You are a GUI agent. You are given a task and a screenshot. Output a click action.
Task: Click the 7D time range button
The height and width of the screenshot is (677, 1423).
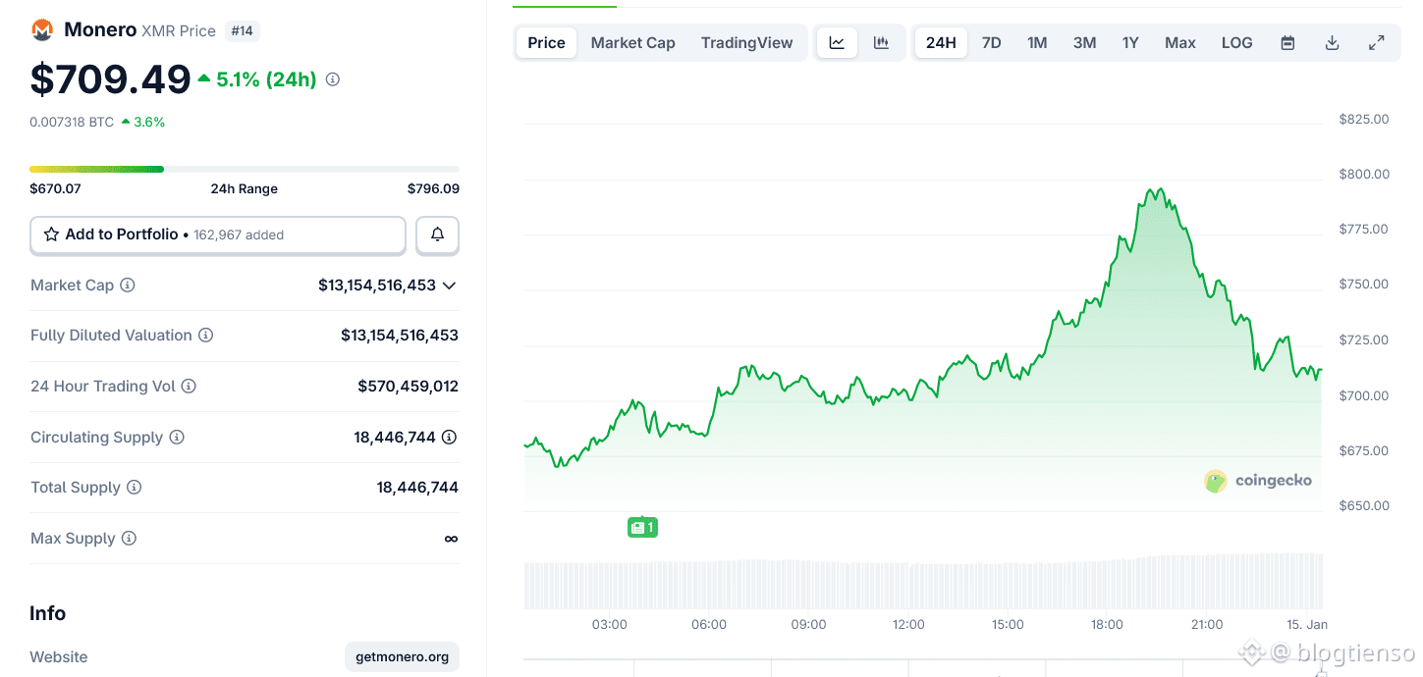[x=992, y=43]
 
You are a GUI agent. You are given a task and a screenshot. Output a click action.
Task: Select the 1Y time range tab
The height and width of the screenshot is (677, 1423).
[x=1130, y=43]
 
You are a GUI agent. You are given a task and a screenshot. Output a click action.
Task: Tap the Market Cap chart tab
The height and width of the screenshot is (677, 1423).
[x=632, y=43]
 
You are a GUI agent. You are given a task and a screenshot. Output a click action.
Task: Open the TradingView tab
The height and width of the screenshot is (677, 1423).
[x=746, y=43]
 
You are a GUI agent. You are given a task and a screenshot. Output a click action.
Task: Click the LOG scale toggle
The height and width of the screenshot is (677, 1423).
[x=1236, y=43]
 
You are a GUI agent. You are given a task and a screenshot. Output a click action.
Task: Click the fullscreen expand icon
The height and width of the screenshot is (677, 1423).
[x=1377, y=42]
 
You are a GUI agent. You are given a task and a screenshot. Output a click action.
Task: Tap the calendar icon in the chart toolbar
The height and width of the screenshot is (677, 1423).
[x=1287, y=43]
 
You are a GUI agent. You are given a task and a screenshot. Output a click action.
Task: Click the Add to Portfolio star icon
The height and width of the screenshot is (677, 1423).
[x=52, y=234]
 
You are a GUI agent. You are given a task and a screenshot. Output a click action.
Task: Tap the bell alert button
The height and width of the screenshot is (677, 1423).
[x=437, y=234]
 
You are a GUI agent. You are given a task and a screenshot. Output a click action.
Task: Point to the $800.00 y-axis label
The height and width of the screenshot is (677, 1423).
[x=1363, y=175]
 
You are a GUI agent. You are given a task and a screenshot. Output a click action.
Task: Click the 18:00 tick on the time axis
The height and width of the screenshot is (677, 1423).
[x=1107, y=625]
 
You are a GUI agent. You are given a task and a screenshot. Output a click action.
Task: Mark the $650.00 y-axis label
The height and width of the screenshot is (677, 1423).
[x=1363, y=506]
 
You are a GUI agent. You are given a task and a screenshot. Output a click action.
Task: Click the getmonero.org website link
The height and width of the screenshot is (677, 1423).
[x=403, y=656]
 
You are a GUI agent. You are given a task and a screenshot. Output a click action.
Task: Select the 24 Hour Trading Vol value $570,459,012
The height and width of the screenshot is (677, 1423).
[x=408, y=387]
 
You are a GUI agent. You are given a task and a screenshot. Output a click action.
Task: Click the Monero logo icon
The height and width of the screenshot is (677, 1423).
[x=42, y=30]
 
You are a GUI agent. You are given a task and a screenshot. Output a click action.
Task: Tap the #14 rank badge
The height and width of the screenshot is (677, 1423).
[x=242, y=31]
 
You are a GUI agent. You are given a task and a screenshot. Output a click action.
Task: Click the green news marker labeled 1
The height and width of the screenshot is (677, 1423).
[x=642, y=528]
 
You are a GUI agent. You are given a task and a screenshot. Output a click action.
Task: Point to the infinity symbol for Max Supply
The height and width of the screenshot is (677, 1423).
[x=451, y=539]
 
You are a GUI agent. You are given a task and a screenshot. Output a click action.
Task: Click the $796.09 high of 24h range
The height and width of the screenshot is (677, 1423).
[x=433, y=188]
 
